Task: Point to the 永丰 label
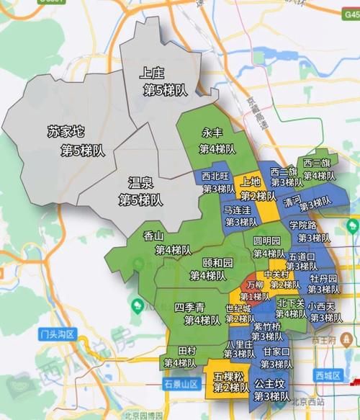pyautogui.click(x=212, y=133)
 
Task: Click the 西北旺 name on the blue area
pyautogui.click(x=215, y=176)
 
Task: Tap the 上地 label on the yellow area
pyautogui.click(x=251, y=182)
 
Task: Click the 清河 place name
pyautogui.click(x=292, y=200)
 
